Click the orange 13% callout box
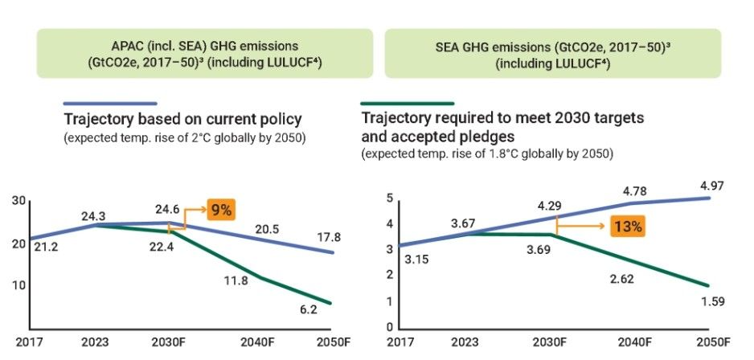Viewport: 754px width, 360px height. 627,226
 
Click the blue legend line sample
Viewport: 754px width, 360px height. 109,104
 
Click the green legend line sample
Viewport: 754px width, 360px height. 408,104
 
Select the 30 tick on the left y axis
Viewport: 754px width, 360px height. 18,200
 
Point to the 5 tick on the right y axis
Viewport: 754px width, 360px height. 388,198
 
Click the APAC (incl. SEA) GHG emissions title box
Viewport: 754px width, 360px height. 206,53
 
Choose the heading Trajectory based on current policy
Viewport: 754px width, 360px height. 182,120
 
